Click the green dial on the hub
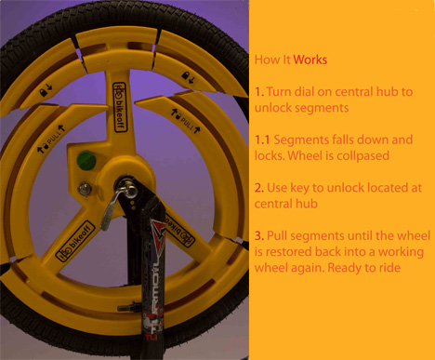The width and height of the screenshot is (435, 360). tap(86, 160)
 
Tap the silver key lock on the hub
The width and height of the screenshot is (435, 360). tap(85, 189)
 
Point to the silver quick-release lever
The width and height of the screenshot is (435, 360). tap(116, 203)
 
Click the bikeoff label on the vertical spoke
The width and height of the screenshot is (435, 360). tap(120, 107)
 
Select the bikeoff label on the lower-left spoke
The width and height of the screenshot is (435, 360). tap(75, 242)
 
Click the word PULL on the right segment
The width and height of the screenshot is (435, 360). tap(187, 123)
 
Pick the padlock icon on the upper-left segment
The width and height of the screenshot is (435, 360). tap(43, 92)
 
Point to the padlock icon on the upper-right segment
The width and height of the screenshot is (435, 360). tap(185, 75)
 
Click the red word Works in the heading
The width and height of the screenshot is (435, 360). tap(310, 60)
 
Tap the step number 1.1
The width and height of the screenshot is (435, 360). tap(262, 140)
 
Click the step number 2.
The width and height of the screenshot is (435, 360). tap(259, 188)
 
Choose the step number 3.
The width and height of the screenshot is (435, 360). tap(259, 236)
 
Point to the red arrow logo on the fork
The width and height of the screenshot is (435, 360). tap(157, 235)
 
